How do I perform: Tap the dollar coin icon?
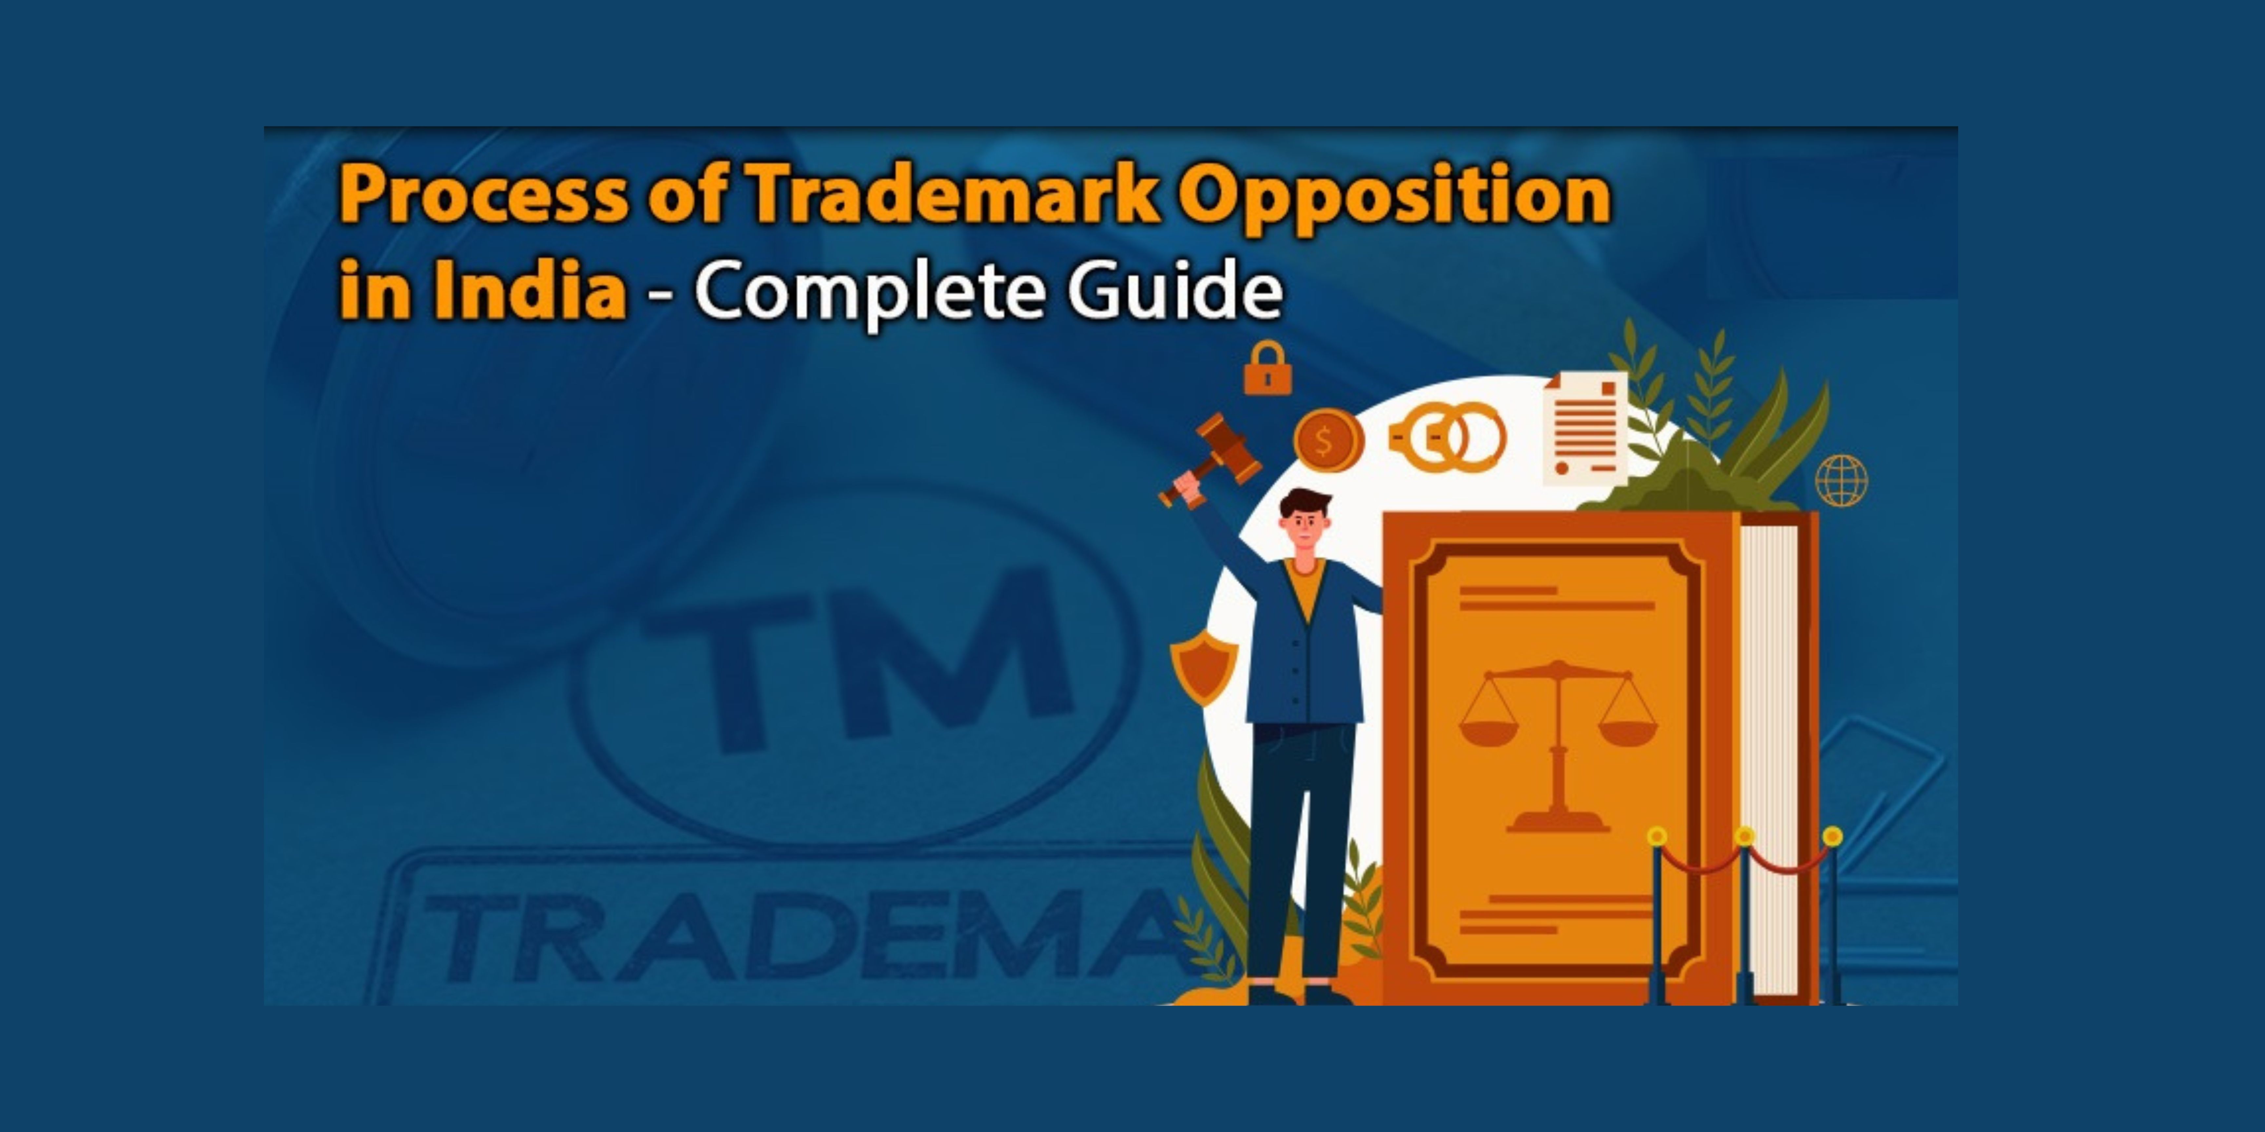click(1328, 440)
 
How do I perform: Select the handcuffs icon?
click(1448, 437)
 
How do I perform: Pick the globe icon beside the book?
click(1841, 480)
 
